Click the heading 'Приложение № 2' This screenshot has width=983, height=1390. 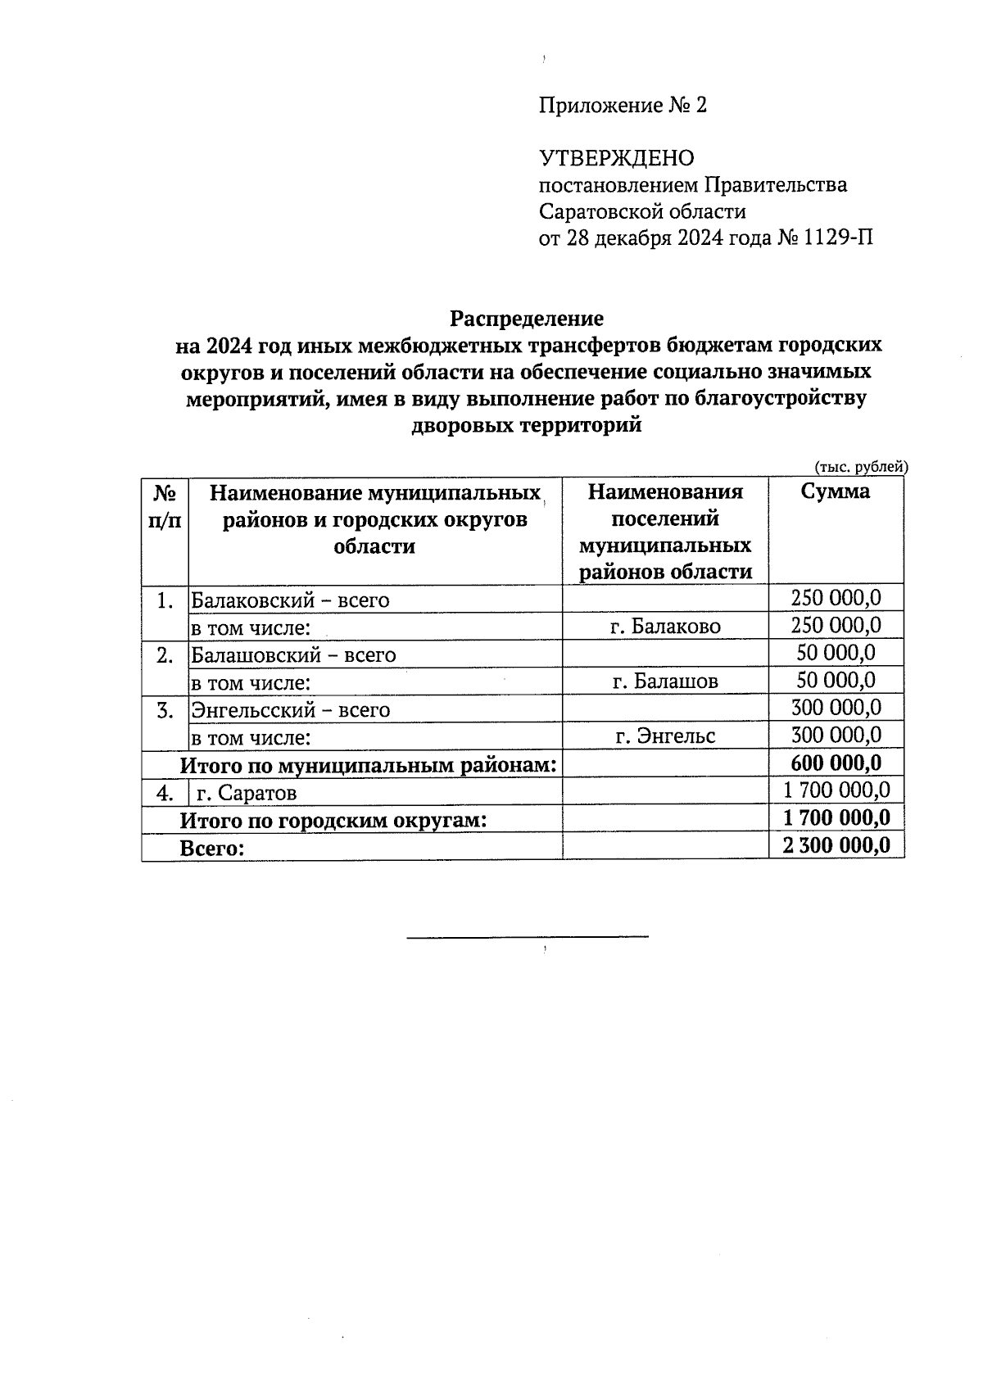point(623,106)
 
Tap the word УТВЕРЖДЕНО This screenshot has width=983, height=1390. point(616,158)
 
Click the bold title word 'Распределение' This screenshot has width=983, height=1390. point(527,318)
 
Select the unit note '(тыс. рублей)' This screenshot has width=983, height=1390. point(861,467)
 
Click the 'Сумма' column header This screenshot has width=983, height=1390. point(835,491)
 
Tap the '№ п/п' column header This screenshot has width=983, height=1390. point(165,505)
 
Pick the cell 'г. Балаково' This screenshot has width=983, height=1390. point(665,627)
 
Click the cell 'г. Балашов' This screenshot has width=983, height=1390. point(665,681)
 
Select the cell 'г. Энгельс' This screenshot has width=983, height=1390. point(665,736)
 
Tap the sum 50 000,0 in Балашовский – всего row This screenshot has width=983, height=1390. point(836,653)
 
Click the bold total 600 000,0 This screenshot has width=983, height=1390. point(836,763)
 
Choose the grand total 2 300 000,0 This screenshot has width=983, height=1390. point(836,845)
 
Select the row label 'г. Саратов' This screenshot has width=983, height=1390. point(247,793)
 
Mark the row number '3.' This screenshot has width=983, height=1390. point(165,710)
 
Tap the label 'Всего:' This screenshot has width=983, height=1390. point(212,849)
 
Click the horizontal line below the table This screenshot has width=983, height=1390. point(528,935)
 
